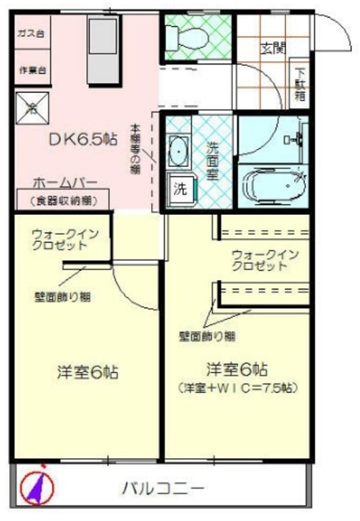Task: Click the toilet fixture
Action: pos(177,36)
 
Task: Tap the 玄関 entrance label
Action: pos(273,47)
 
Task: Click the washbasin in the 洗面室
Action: pos(178,150)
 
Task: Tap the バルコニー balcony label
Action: pos(164,488)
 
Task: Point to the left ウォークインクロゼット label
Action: pos(65,240)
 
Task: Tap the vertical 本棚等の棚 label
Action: pos(136,151)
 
